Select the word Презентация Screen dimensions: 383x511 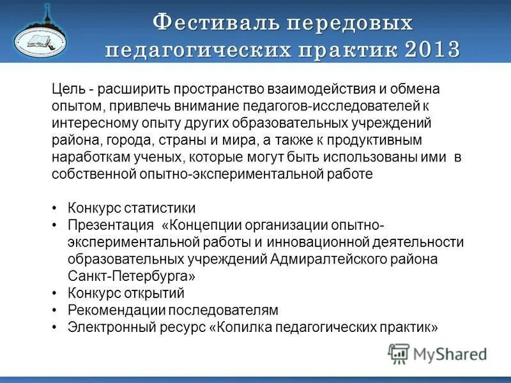click(111, 225)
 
